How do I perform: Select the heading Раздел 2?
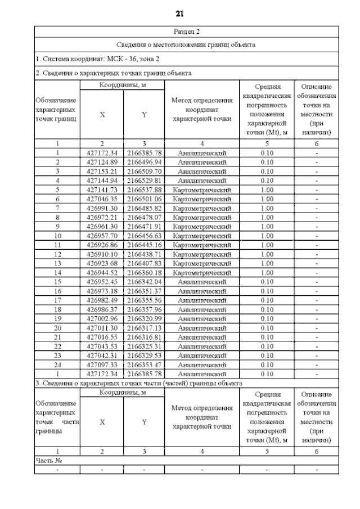pyautogui.click(x=186, y=31)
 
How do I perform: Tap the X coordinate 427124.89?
pyautogui.click(x=102, y=162)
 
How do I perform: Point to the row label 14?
pyautogui.click(x=57, y=272)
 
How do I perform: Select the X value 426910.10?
pyautogui.click(x=102, y=254)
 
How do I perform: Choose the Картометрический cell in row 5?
pyautogui.click(x=201, y=190)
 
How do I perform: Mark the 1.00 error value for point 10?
pyautogui.click(x=267, y=236)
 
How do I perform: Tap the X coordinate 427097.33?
pyautogui.click(x=102, y=364)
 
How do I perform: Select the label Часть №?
pyautogui.click(x=48, y=460)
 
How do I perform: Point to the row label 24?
pyautogui.click(x=57, y=364)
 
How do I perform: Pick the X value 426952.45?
pyautogui.click(x=102, y=282)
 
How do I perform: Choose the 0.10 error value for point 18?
pyautogui.click(x=267, y=309)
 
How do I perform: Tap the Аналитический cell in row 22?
pyautogui.click(x=201, y=346)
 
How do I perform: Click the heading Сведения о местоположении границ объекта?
pyautogui.click(x=186, y=44)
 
